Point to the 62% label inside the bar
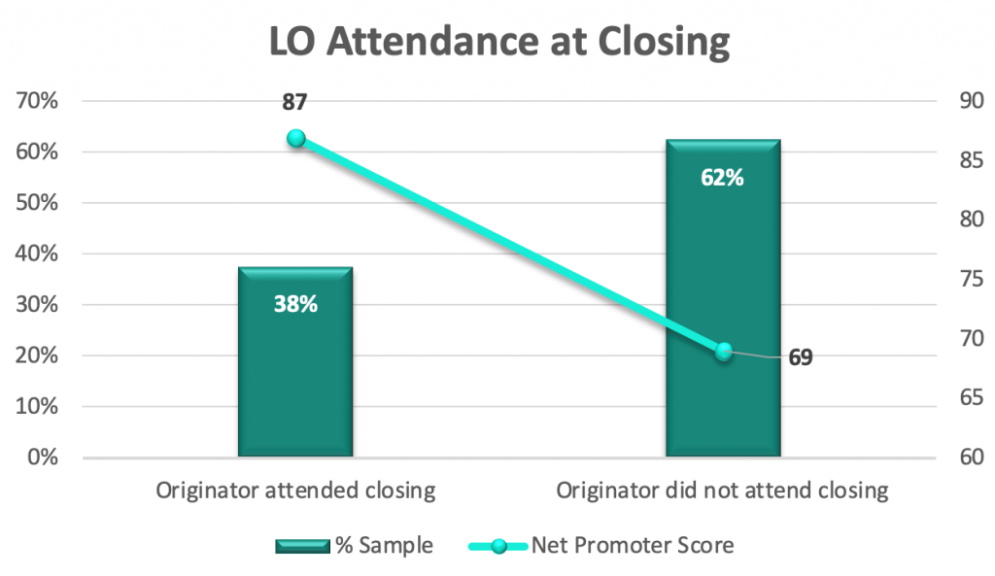pos(723,178)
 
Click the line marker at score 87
pos(296,138)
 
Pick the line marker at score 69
pos(723,352)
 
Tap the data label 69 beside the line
pos(800,357)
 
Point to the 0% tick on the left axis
pos(43,457)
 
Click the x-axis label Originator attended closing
pos(295,491)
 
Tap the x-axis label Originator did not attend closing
pos(723,491)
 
